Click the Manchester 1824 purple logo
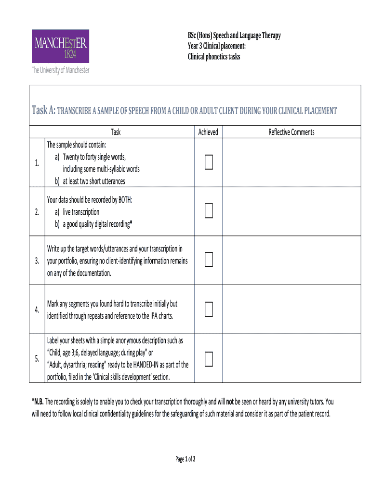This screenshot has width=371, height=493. [x=61, y=46]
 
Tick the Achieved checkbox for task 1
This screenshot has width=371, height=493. [x=208, y=163]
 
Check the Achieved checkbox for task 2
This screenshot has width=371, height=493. [x=208, y=211]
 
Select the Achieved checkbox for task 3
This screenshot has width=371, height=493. [x=208, y=260]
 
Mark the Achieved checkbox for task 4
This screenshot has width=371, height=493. [x=208, y=309]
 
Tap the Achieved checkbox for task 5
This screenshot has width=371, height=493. [x=208, y=359]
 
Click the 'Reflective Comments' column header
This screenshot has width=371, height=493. [x=291, y=132]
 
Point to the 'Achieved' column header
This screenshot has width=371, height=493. [x=208, y=132]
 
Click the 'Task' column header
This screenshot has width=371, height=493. [x=116, y=132]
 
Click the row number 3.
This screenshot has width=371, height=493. [x=37, y=261]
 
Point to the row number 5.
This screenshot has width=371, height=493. [x=37, y=359]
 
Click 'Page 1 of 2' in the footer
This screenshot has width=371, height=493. [x=185, y=459]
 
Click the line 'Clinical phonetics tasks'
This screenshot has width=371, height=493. [x=213, y=57]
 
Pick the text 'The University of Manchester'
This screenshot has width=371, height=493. [x=61, y=70]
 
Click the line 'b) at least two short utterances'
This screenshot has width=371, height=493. [x=90, y=182]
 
